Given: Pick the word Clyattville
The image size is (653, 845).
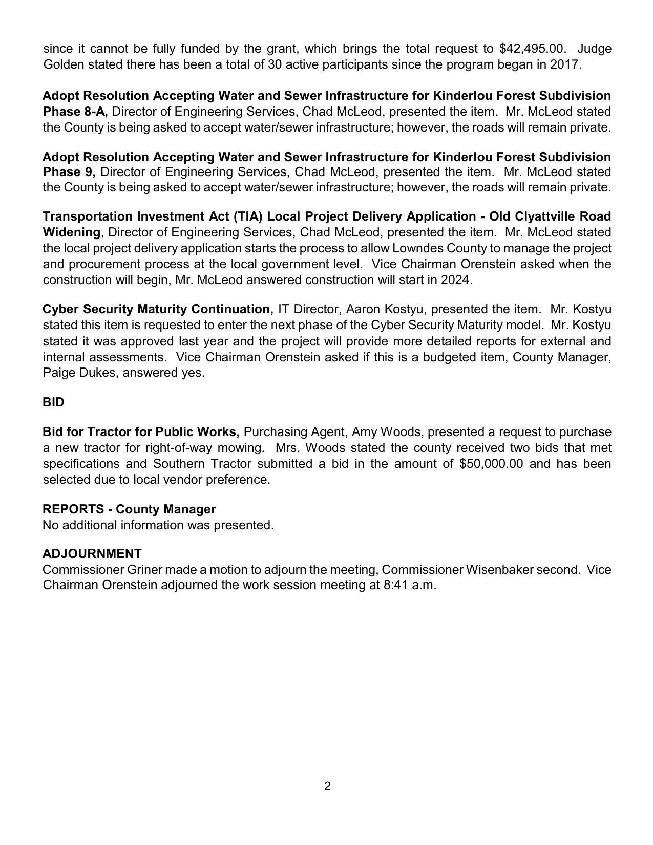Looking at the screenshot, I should pos(544,216).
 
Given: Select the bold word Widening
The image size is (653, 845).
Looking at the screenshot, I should pos(72,232).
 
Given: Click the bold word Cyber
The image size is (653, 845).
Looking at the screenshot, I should pos(60,309).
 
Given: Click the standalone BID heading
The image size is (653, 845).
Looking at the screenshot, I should pos(53,402).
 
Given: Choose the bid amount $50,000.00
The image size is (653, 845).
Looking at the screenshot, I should pos(492,464).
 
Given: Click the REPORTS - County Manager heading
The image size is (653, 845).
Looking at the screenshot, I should pos(129,509).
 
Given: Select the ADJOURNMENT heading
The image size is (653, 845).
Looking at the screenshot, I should pos(92,554).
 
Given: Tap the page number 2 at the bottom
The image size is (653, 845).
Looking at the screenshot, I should pos(327,786).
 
